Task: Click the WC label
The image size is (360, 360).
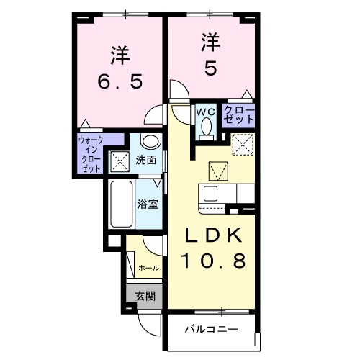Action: tap(204, 112)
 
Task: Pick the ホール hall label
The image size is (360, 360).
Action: tap(148, 268)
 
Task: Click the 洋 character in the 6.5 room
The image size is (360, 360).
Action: tap(119, 54)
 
